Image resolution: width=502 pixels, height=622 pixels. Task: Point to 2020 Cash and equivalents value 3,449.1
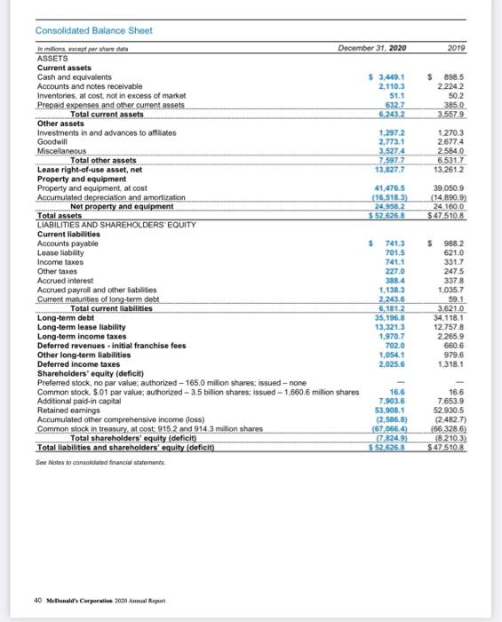(392, 76)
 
